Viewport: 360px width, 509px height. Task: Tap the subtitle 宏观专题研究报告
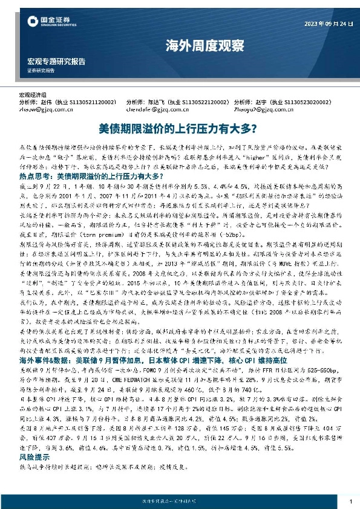tap(56, 61)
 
